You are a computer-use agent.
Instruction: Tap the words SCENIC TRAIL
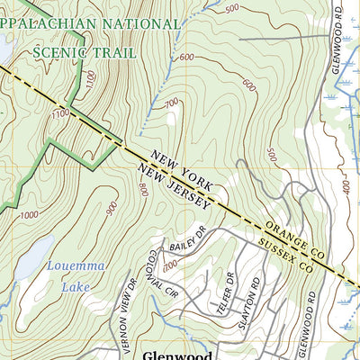pyautogui.click(x=85, y=52)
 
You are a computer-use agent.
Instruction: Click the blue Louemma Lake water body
pyautogui.click(x=27, y=262)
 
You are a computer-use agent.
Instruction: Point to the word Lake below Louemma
pyautogui.click(x=76, y=288)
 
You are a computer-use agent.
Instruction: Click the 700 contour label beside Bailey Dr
pyautogui.click(x=168, y=262)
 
